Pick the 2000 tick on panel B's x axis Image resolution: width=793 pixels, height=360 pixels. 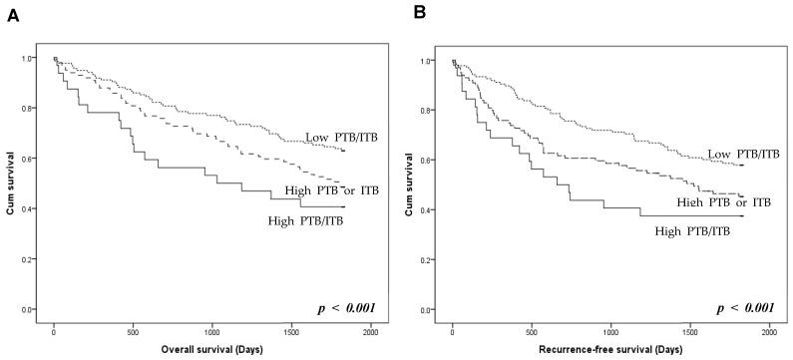point(769,330)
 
